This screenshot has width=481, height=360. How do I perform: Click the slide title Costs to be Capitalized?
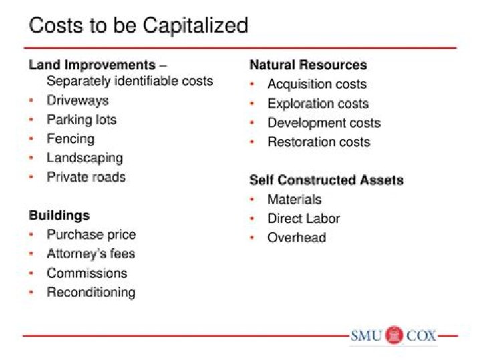click(138, 25)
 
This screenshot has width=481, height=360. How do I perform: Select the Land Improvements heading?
click(92, 65)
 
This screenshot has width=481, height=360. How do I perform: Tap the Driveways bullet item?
click(77, 100)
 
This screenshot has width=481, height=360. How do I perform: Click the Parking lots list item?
click(81, 120)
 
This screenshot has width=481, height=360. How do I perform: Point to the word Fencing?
click(70, 139)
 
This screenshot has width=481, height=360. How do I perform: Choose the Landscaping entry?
click(84, 158)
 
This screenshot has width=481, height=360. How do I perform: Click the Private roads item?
click(86, 177)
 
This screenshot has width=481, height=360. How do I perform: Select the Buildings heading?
click(59, 216)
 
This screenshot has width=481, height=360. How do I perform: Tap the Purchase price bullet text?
click(91, 235)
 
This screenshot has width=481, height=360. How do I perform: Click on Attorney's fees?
click(90, 254)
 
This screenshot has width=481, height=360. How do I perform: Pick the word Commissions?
click(86, 273)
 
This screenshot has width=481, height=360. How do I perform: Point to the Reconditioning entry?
click(91, 293)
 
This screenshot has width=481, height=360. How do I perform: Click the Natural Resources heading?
click(308, 65)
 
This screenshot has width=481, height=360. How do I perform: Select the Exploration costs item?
click(317, 104)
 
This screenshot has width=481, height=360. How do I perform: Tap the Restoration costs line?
click(318, 142)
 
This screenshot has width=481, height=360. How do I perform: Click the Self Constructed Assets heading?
click(326, 180)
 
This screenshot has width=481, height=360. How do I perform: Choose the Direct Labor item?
click(303, 218)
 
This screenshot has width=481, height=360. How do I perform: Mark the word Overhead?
click(296, 238)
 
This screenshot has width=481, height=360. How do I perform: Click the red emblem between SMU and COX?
click(394, 335)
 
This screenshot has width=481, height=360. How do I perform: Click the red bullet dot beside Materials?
click(253, 200)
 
